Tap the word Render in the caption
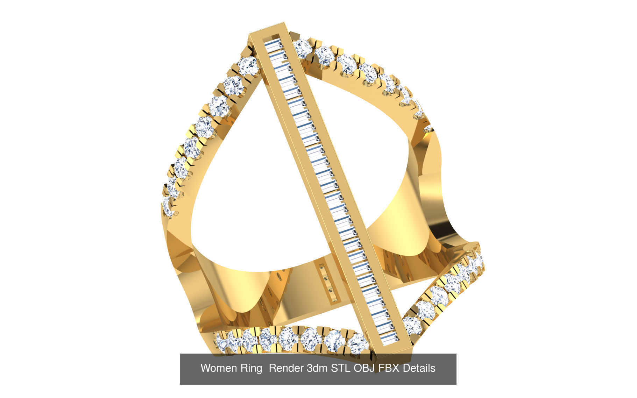286,368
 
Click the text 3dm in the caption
318,368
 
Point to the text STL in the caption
341,368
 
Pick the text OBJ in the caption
365,368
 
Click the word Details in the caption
419,368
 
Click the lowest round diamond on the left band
168,207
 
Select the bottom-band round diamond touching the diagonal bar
357,343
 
